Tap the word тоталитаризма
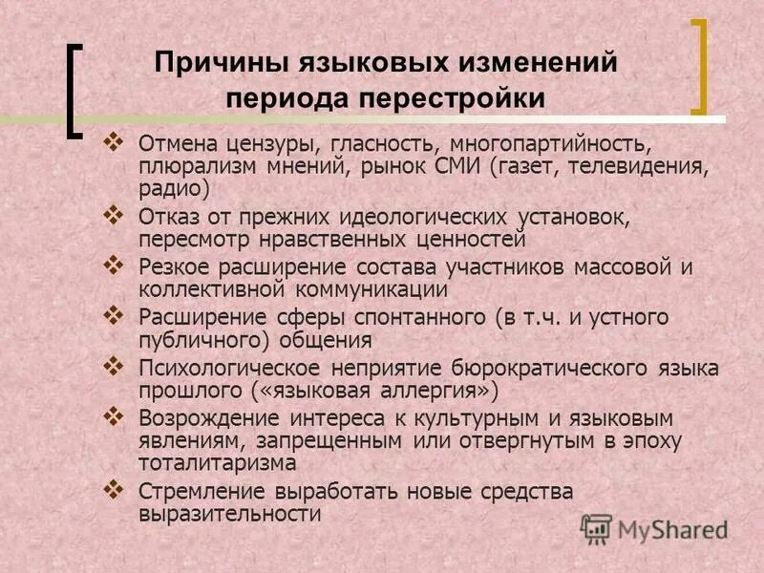pos(217,462)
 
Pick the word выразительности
pos(229,514)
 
